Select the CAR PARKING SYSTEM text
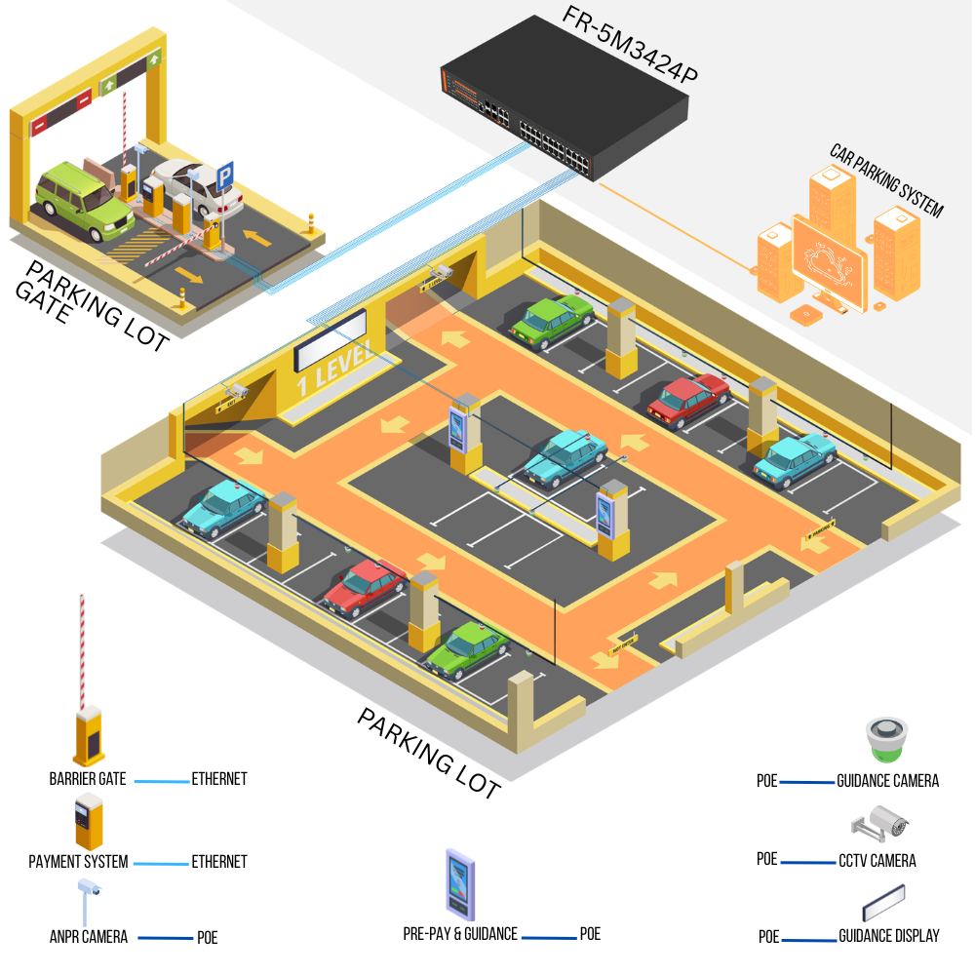click(x=886, y=181)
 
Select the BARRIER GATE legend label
click(x=88, y=779)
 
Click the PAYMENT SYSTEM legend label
click(x=78, y=862)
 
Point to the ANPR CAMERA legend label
click(x=89, y=937)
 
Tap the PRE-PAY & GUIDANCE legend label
click(x=460, y=934)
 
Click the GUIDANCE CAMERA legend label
click(x=887, y=781)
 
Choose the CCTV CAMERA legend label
click(x=877, y=860)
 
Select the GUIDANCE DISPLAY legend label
click(x=888, y=936)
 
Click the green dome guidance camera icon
click(x=886, y=740)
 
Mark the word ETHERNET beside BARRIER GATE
click(x=219, y=779)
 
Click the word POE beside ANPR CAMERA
click(x=207, y=938)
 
